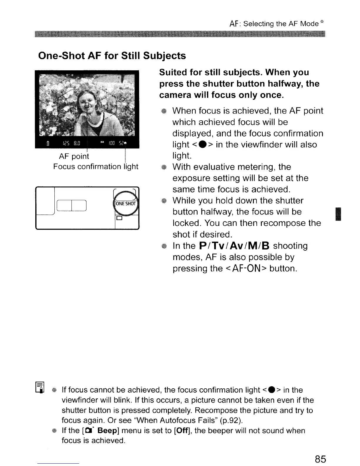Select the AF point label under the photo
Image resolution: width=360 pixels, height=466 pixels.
(74, 156)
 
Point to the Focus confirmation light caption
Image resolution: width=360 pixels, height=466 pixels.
(96, 167)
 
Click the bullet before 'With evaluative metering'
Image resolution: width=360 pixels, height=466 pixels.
(164, 167)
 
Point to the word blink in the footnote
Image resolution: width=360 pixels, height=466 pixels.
(124, 400)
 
